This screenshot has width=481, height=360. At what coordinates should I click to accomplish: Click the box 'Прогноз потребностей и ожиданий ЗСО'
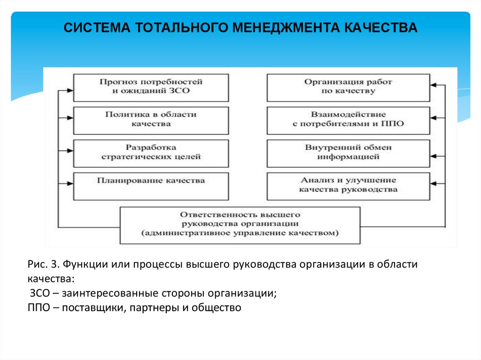pyautogui.click(x=151, y=87)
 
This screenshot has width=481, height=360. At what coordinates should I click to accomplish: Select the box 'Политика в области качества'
pyautogui.click(x=151, y=120)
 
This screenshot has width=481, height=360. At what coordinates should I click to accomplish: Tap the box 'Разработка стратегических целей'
pyautogui.click(x=151, y=153)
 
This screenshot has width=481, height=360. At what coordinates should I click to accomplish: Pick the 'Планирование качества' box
pyautogui.click(x=151, y=185)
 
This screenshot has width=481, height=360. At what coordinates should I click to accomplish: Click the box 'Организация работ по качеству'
pyautogui.click(x=348, y=87)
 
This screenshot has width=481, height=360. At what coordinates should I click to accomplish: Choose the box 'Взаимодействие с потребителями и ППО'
pyautogui.click(x=348, y=120)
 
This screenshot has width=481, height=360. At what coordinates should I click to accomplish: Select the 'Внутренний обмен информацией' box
pyautogui.click(x=348, y=153)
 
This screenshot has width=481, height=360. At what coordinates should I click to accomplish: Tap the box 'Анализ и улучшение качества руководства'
pyautogui.click(x=348, y=185)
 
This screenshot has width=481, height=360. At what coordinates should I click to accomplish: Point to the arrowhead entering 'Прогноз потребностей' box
pyautogui.click(x=70, y=91)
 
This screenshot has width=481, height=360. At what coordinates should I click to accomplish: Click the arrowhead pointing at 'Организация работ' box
pyautogui.click(x=434, y=85)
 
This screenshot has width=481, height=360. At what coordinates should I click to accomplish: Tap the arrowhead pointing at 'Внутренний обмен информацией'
pyautogui.click(x=434, y=155)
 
